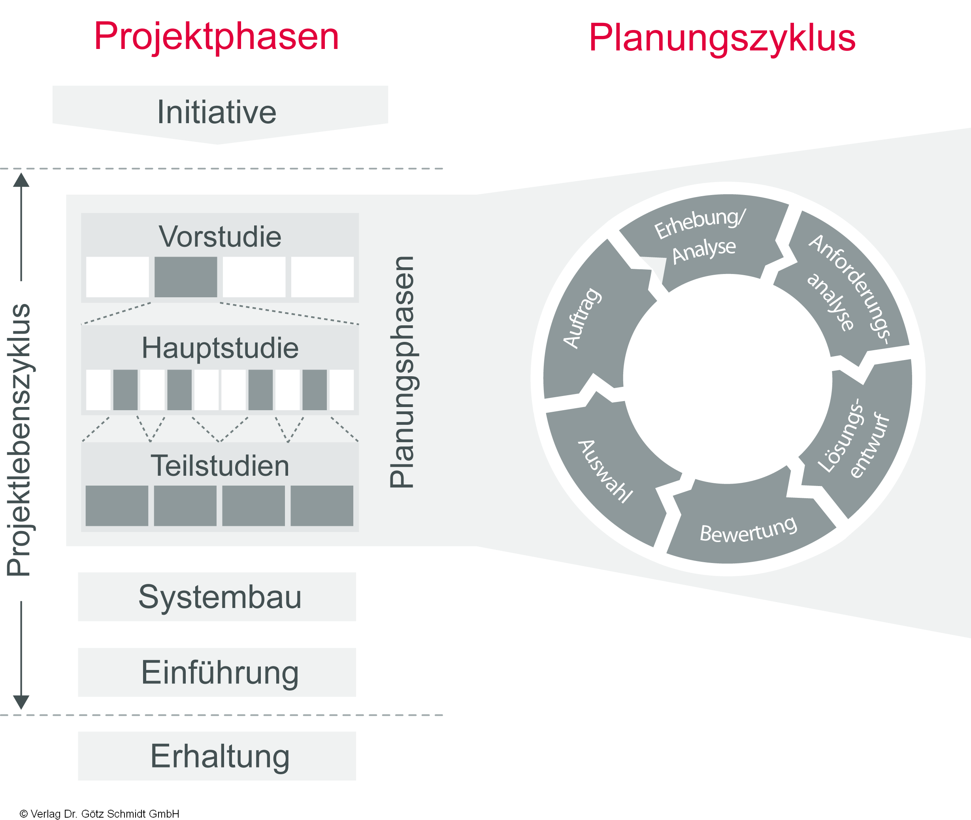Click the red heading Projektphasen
(x=216, y=37)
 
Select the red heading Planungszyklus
(x=722, y=38)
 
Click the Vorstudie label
(x=220, y=236)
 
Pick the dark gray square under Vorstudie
(x=186, y=277)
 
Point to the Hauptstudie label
(x=220, y=348)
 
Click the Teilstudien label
(x=220, y=465)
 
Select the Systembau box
(x=217, y=597)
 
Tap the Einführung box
(x=217, y=672)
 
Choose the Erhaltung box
(x=217, y=756)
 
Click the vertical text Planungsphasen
(x=402, y=372)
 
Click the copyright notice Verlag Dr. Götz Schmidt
(x=100, y=814)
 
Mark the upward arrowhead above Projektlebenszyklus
(x=21, y=180)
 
